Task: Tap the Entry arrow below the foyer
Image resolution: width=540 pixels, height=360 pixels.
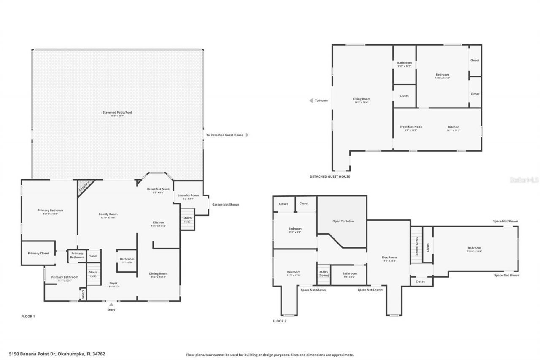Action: click(x=111, y=304)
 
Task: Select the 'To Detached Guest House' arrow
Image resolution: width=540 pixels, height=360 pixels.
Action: click(x=247, y=135)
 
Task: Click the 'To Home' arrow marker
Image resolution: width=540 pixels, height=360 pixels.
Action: click(x=311, y=100)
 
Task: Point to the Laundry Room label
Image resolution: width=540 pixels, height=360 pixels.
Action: click(x=188, y=195)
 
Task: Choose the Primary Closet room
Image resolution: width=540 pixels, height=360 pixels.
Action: click(x=38, y=253)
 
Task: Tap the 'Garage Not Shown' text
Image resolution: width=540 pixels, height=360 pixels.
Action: click(x=225, y=205)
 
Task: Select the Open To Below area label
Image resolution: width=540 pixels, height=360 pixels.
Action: click(x=343, y=221)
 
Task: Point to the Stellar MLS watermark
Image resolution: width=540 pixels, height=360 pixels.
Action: click(x=524, y=180)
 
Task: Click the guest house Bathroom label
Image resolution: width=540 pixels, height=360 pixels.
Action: click(x=404, y=63)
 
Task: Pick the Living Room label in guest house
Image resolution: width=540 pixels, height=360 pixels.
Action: click(x=362, y=99)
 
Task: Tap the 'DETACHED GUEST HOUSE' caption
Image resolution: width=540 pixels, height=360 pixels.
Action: click(x=329, y=176)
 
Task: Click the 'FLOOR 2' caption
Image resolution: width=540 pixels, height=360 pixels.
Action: click(x=279, y=321)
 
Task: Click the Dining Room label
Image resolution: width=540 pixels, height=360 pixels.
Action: click(x=158, y=274)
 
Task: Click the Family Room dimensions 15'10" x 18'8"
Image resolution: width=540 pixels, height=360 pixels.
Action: click(x=108, y=218)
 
